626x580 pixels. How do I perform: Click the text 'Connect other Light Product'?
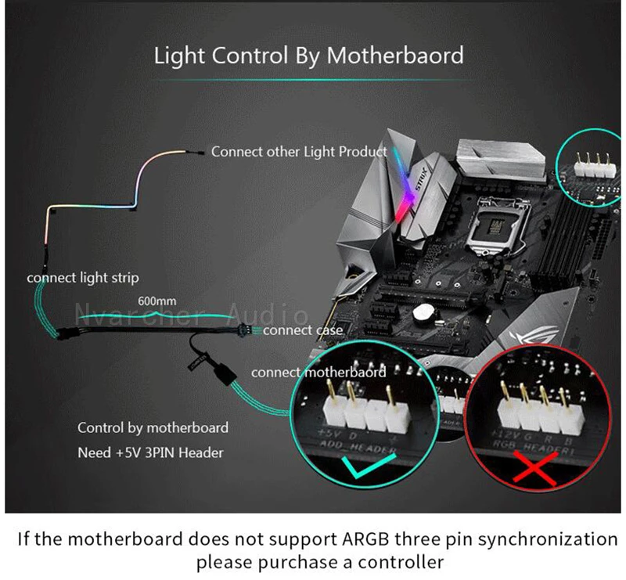click(x=299, y=152)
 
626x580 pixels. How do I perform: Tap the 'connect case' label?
click(x=304, y=331)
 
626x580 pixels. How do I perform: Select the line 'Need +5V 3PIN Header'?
click(x=150, y=452)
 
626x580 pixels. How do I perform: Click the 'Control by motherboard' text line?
click(x=153, y=427)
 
